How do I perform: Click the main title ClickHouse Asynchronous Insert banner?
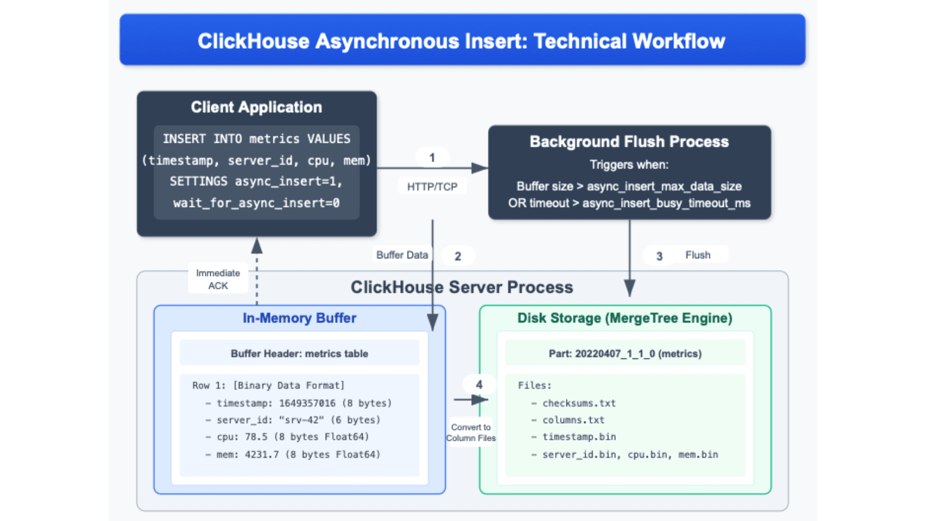[x=462, y=41]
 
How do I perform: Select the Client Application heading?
[x=256, y=107]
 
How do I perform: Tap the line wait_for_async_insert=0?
[x=256, y=203]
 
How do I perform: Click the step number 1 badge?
[x=432, y=158]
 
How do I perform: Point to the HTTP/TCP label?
[x=432, y=187]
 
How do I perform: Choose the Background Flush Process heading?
[x=629, y=142]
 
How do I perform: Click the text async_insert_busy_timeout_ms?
[x=666, y=203]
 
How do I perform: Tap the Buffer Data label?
[x=402, y=255]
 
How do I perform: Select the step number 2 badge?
[x=458, y=256]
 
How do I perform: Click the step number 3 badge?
[x=659, y=256]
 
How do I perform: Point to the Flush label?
[x=698, y=255]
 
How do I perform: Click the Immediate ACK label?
[x=218, y=279]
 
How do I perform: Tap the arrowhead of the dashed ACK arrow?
[x=257, y=246]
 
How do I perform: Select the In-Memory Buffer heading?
[x=299, y=318]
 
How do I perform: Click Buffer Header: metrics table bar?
[x=299, y=354]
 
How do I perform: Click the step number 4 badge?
[x=479, y=385]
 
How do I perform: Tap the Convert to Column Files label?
[x=471, y=432]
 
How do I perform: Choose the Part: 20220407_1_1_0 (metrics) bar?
[x=625, y=354]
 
